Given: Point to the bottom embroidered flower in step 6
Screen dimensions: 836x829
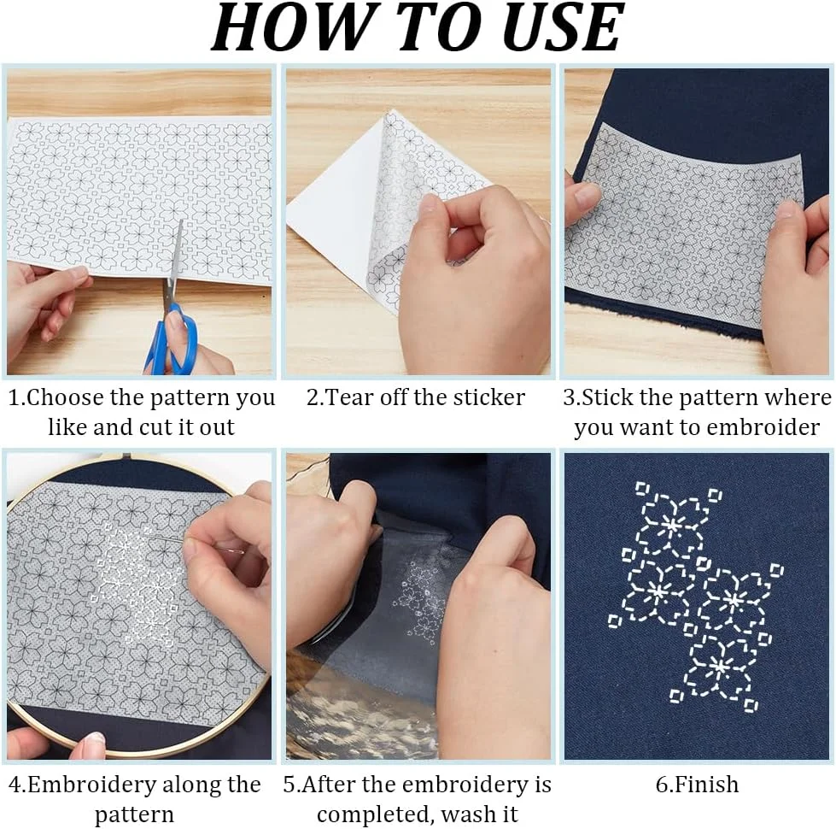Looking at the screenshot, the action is pos(719,667).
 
